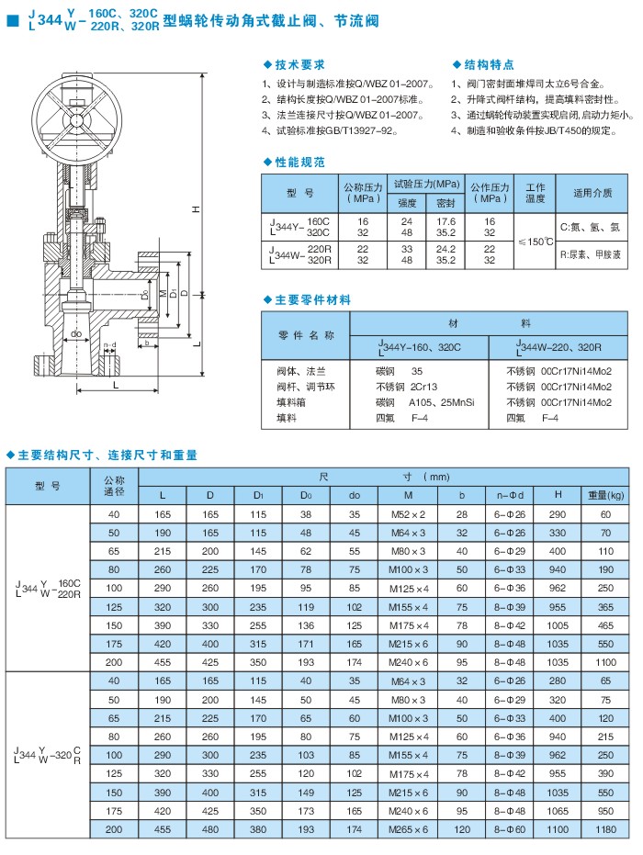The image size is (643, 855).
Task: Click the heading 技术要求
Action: pyautogui.click(x=300, y=65)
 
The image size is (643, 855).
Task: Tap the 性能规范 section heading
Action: pyautogui.click(x=300, y=162)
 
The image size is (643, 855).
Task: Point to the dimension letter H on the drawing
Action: pyautogui.click(x=196, y=210)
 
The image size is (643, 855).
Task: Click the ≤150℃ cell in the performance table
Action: pyautogui.click(x=535, y=242)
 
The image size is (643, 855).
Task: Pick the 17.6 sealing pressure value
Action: pyautogui.click(x=446, y=221)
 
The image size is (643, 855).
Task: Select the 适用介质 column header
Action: pyautogui.click(x=592, y=193)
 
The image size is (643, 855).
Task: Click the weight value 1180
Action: pyautogui.click(x=605, y=830)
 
